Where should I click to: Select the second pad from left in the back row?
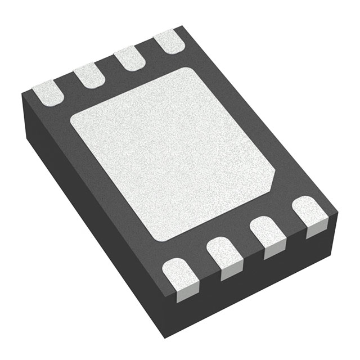[88, 77]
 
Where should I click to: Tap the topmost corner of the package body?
[181, 26]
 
